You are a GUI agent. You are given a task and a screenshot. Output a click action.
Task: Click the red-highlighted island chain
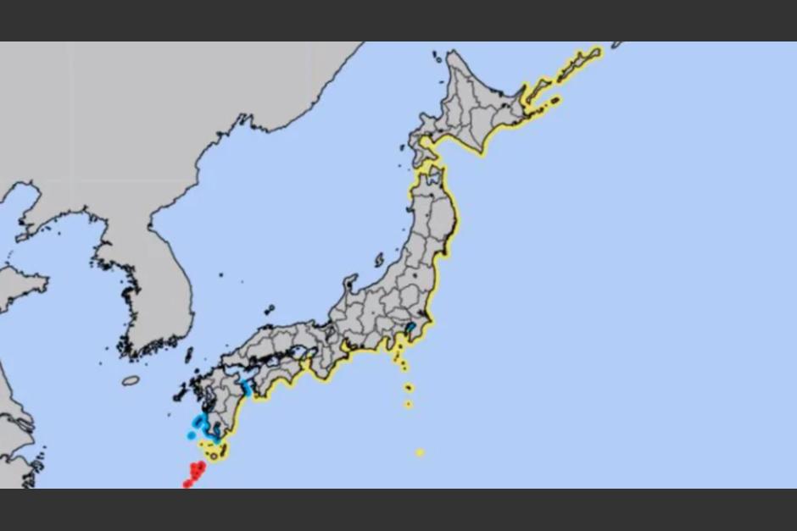(195, 473)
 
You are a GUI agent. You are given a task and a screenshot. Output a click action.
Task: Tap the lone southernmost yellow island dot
(419, 453)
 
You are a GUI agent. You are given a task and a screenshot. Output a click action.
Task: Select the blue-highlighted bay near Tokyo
(411, 328)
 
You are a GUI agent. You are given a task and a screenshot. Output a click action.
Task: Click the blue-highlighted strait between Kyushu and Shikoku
(247, 389)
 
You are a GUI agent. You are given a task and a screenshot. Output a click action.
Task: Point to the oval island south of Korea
(131, 380)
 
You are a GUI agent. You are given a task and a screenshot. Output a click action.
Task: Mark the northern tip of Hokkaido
(450, 53)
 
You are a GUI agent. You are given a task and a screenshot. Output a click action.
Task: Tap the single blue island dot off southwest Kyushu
(190, 436)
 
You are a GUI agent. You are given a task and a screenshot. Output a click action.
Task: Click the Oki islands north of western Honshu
(269, 310)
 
